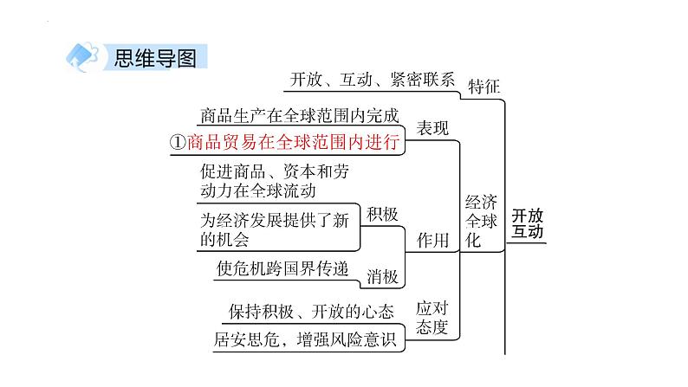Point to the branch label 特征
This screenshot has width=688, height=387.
coord(484,85)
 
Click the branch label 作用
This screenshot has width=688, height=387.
coord(432,240)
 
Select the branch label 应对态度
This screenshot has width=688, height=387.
coord(432,318)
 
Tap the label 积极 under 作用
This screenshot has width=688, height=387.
coord(382,213)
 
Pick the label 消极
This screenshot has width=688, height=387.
coord(382,276)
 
